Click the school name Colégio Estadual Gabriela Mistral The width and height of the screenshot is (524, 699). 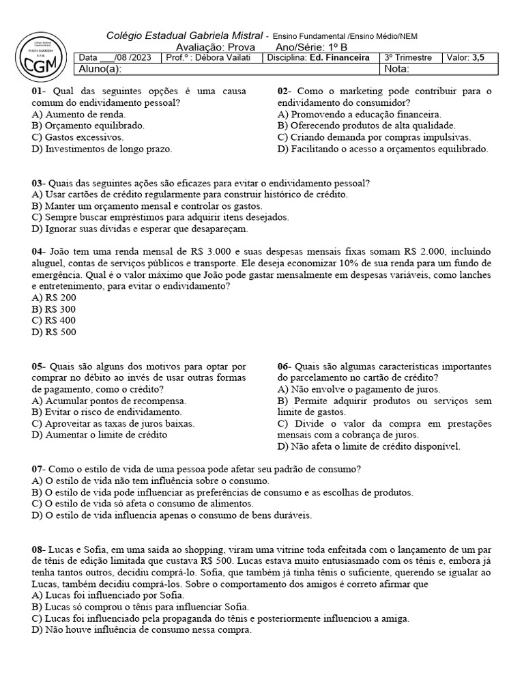[184, 35]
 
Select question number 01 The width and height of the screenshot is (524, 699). [38, 91]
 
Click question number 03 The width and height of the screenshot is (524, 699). [38, 183]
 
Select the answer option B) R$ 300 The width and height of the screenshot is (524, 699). [54, 309]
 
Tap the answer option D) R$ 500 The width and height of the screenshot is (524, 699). [54, 332]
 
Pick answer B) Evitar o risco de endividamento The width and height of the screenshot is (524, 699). [106, 412]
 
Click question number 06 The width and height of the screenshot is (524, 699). [285, 366]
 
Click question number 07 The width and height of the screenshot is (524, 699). [38, 469]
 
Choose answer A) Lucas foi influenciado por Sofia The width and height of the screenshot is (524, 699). [98, 595]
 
